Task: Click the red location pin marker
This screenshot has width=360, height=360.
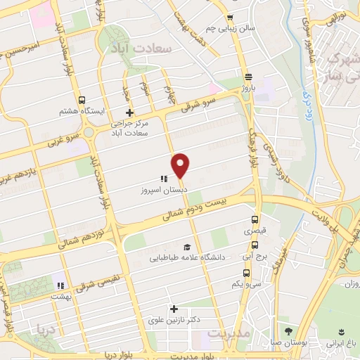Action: (x=181, y=166)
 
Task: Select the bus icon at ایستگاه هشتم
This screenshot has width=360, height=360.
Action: (x=83, y=100)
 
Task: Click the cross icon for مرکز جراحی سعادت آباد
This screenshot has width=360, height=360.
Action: (x=129, y=112)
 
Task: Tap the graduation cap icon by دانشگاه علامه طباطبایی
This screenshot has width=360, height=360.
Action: (x=187, y=247)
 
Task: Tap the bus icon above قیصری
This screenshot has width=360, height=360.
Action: (x=255, y=219)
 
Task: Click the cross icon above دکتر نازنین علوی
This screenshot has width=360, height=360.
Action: (x=174, y=309)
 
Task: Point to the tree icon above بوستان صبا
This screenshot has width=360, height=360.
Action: (x=288, y=331)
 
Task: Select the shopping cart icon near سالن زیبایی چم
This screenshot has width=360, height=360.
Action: (x=229, y=18)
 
